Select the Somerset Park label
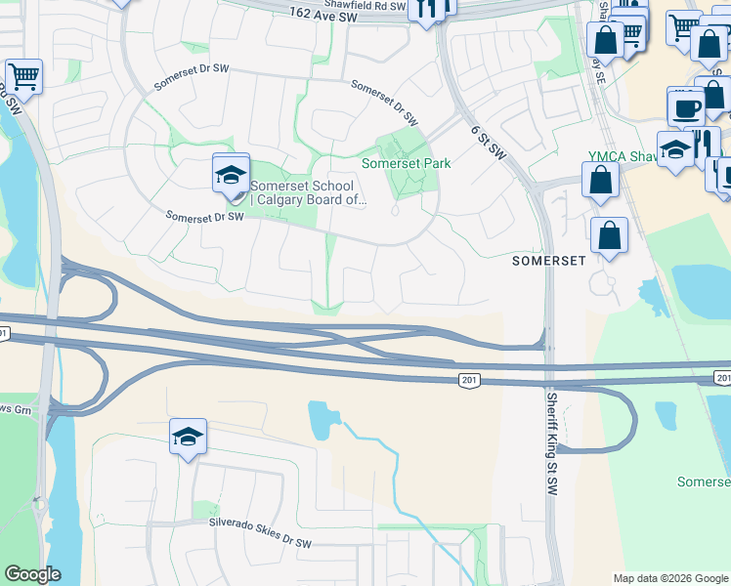pos(406,164)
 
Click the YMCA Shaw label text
pos(624,156)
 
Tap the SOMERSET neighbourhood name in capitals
pos(549,262)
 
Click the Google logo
pos(32,574)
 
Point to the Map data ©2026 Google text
pos(669,578)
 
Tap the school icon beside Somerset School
pos(231,175)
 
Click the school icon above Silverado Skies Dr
pos(188,437)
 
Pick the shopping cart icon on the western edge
pos(23,76)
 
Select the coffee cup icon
pos(685,106)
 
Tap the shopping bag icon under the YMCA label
pos(599,180)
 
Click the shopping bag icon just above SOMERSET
pos(609,235)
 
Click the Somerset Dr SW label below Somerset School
pos(203,216)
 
